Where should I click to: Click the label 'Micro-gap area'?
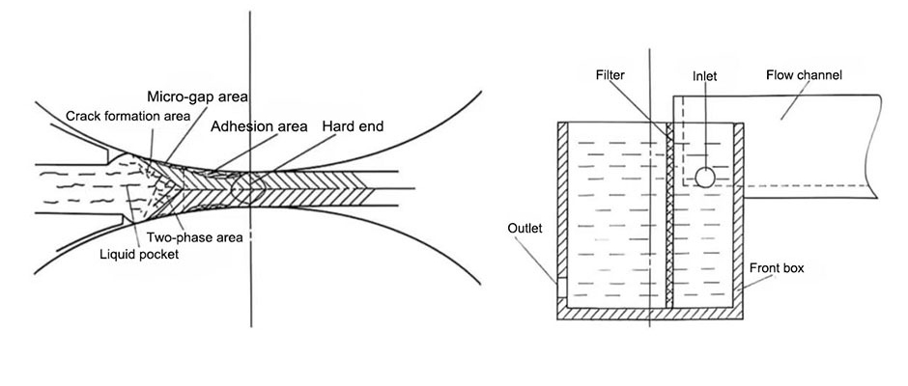(x=198, y=97)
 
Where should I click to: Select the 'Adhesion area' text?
(x=259, y=125)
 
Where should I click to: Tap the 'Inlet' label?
(x=705, y=74)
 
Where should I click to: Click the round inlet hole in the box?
(x=705, y=177)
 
